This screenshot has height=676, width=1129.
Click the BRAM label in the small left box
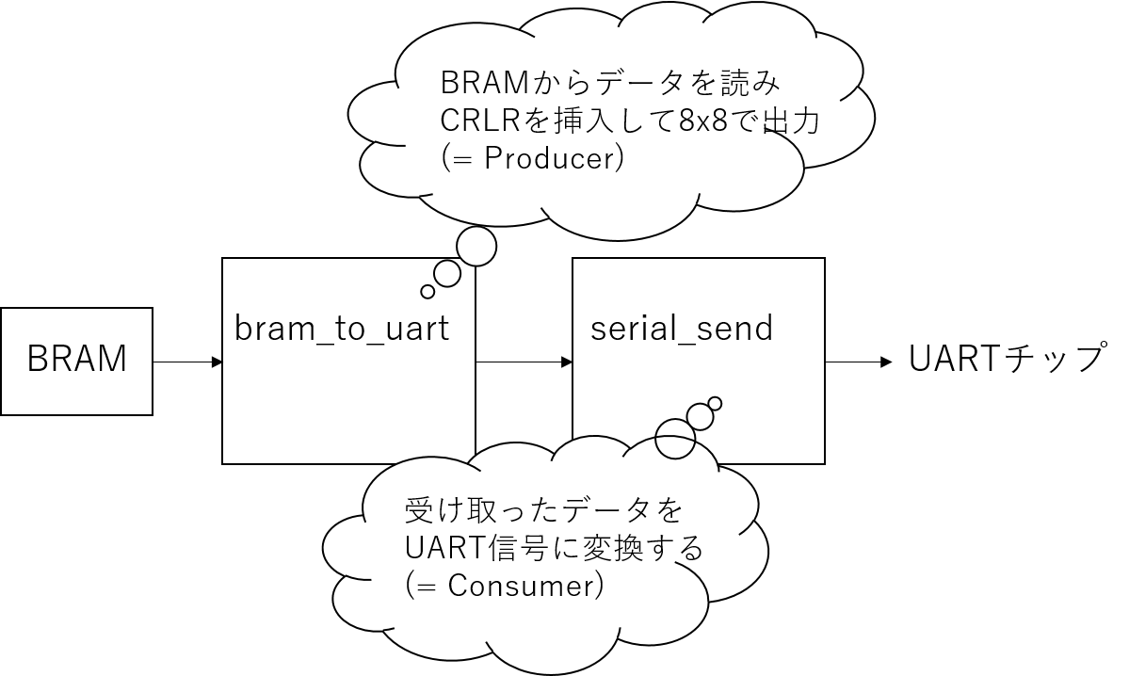[76, 360]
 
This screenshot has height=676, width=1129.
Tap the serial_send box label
[681, 328]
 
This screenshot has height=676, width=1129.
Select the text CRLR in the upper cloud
[479, 121]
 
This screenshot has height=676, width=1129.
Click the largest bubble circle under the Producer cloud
[476, 246]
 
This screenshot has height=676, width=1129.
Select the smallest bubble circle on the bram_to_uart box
[427, 291]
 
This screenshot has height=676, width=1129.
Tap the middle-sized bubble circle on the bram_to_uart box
[447, 274]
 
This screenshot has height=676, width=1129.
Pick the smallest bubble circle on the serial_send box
[715, 404]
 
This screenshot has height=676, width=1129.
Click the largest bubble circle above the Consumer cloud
[675, 438]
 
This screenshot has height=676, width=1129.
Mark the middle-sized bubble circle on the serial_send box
[700, 416]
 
